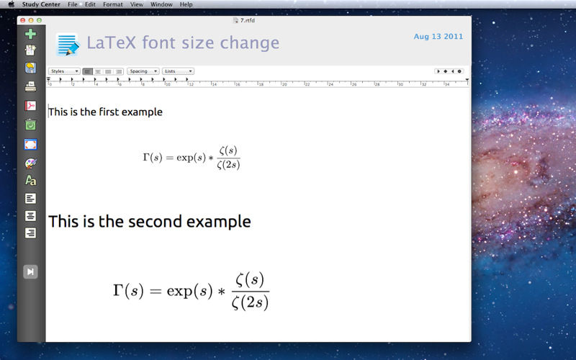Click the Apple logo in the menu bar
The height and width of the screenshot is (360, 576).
click(12, 4)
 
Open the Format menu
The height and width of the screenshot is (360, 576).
click(113, 4)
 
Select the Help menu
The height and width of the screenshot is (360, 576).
click(186, 4)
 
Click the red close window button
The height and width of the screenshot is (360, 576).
click(23, 21)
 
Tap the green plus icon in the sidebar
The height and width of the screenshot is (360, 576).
click(30, 34)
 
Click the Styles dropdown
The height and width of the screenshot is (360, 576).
click(64, 71)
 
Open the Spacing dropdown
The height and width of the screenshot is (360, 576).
click(143, 71)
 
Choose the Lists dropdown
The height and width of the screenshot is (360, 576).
click(178, 71)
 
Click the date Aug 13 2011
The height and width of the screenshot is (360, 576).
click(438, 37)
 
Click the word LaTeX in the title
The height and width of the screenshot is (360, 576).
click(112, 42)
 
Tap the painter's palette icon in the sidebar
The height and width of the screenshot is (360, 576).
click(30, 163)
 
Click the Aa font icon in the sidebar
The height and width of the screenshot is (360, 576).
click(30, 181)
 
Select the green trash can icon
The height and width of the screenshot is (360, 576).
click(30, 125)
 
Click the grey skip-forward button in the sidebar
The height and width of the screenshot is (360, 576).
click(30, 272)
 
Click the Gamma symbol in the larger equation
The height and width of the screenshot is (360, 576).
click(117, 290)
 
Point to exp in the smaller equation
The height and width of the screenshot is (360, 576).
click(185, 158)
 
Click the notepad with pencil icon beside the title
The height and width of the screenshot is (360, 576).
click(68, 44)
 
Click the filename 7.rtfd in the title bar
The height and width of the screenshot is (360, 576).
click(247, 21)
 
